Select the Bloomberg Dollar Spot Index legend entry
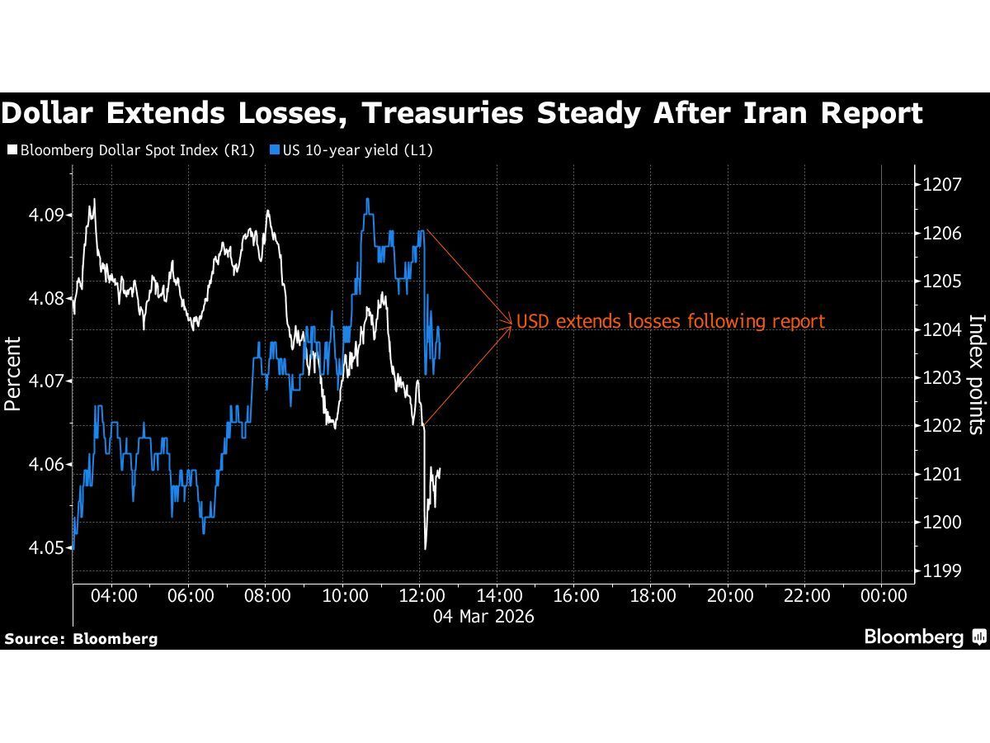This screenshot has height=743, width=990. click(131, 150)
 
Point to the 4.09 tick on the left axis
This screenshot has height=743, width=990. click(52, 215)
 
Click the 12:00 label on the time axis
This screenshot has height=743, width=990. click(421, 596)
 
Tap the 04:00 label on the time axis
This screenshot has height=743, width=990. click(112, 596)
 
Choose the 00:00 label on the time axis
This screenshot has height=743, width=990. click(882, 596)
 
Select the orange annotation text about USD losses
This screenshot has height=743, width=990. click(670, 322)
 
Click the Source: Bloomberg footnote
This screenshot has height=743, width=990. click(81, 638)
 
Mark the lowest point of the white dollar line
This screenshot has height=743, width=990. click(425, 549)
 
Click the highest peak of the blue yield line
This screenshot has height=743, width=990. click(367, 199)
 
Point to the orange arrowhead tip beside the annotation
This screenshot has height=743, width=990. click(512, 322)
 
